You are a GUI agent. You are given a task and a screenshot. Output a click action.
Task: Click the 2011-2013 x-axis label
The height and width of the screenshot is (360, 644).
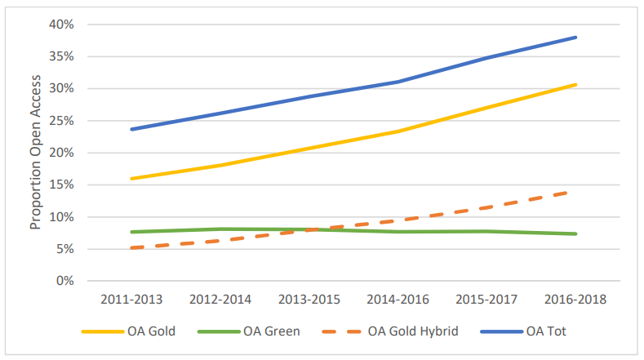131,300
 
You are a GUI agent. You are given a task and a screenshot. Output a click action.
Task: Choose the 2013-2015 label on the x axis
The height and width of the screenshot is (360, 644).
309,300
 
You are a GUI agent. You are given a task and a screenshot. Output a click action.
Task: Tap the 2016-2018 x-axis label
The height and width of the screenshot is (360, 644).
576,300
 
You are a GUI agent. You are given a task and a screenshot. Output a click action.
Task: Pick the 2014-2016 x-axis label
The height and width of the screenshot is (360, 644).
398,300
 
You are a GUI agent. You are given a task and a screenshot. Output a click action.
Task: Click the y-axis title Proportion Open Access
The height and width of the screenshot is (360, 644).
36,153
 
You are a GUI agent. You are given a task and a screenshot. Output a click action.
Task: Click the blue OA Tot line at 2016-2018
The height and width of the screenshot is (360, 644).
576,37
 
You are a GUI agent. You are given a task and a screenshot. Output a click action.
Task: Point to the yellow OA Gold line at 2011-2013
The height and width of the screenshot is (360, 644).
131,179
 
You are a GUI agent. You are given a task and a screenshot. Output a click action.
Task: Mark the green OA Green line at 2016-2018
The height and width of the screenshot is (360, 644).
576,234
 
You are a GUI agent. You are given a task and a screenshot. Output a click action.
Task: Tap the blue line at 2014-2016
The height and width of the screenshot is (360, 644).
398,82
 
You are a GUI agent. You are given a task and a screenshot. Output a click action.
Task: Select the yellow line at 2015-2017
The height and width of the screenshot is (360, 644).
487,108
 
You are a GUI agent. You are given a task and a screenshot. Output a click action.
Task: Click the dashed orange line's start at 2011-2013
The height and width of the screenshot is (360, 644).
131,247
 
